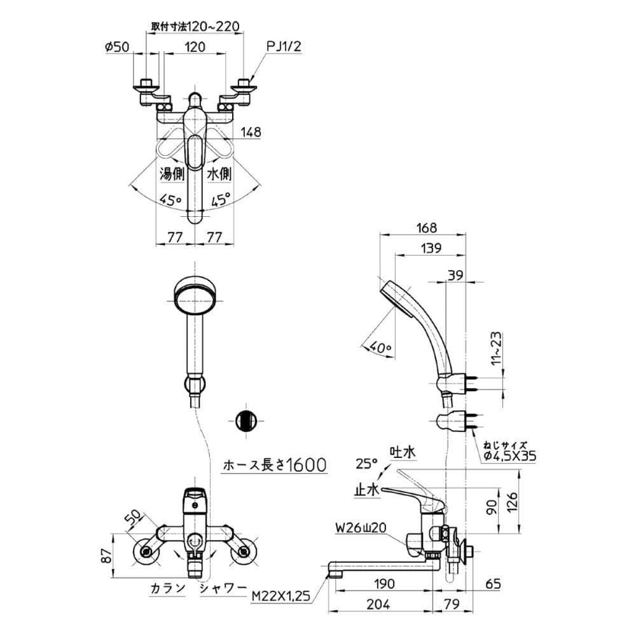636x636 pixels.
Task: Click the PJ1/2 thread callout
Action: click(284, 46)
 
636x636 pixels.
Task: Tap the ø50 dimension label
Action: click(117, 47)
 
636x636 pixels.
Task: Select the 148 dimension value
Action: click(251, 132)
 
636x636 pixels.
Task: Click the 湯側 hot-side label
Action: click(172, 174)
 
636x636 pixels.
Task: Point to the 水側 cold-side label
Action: click(219, 174)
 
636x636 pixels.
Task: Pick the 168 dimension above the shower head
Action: click(427, 228)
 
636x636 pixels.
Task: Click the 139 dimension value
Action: click(431, 248)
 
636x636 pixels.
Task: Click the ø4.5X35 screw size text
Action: click(510, 456)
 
